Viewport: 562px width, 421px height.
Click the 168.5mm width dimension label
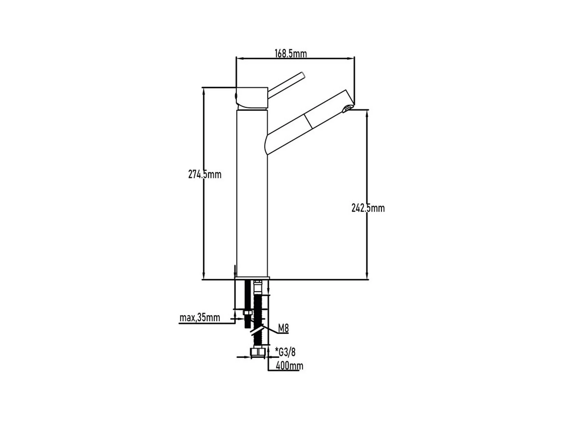pos(291,53)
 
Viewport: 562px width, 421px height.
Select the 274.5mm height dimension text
pos(205,174)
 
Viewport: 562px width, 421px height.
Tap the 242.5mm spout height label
pos(368,208)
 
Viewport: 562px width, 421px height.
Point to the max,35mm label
pos(200,318)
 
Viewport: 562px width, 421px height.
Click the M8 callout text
pos(283,328)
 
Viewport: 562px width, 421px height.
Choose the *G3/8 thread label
pos(285,352)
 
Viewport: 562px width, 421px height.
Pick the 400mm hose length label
pos(289,366)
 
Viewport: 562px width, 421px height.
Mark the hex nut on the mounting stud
pos(248,313)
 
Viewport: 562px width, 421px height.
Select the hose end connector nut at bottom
pos(258,352)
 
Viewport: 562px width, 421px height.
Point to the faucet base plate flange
pos(252,278)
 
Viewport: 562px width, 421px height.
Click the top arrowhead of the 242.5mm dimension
pos(367,113)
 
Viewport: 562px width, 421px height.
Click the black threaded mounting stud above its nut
pos(247,295)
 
